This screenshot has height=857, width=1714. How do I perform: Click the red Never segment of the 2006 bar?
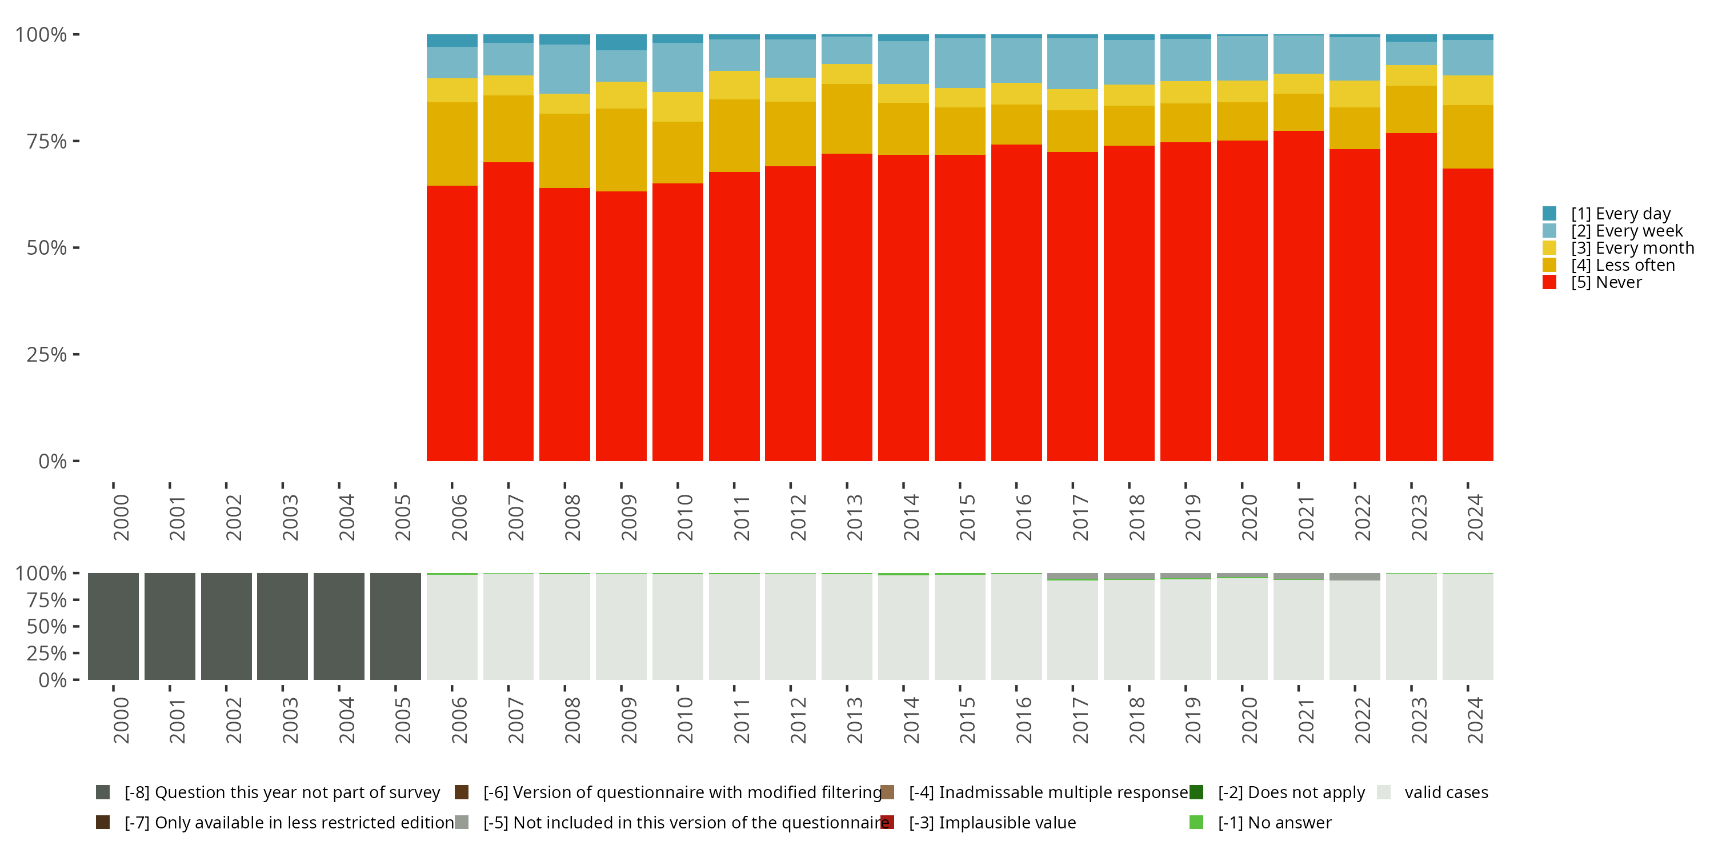pos(452,323)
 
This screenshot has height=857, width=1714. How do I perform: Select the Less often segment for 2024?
pos(1468,137)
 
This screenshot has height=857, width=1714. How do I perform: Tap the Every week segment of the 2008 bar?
pos(564,69)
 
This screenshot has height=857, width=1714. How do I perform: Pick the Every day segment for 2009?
pos(621,42)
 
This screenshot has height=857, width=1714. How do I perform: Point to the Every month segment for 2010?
pos(678,106)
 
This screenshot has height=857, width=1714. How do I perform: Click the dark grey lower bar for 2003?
pos(282,626)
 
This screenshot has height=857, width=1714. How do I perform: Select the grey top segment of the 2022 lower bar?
pos(1355,577)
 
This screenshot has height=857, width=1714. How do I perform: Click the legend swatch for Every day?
pos(1549,214)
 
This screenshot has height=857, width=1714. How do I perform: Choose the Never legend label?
pos(1606,283)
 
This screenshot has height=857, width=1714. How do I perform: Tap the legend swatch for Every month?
pos(1549,248)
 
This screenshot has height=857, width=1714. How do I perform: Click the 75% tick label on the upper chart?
pos(47,141)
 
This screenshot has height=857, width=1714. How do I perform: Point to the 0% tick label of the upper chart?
pos(53,461)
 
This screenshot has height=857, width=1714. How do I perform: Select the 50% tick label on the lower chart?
pos(47,627)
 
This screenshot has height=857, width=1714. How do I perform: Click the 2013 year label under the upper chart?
pos(854,517)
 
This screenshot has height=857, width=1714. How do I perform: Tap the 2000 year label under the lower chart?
pos(121,720)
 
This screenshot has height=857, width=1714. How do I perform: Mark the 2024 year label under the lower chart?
pos(1475,720)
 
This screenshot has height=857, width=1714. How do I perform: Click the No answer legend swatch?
pos(1196,822)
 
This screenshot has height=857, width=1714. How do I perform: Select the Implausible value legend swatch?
pos(887,822)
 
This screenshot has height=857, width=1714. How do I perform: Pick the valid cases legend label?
pos(1446,792)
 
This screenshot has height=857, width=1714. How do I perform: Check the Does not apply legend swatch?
pos(1196,792)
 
